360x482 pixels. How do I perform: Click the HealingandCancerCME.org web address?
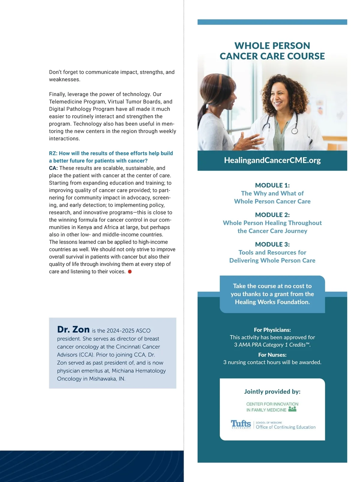point(272,160)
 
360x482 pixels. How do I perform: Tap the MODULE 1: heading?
point(272,185)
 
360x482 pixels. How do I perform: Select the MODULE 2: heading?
point(272,215)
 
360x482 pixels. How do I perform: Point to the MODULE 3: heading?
point(272,244)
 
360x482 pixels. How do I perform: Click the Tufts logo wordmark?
point(241,423)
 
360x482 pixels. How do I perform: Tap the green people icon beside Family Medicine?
point(292,409)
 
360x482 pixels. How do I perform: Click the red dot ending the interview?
point(130,272)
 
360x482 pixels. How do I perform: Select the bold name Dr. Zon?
point(73,330)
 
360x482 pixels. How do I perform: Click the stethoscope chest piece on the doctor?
point(295,131)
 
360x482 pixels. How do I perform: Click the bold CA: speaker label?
point(53,168)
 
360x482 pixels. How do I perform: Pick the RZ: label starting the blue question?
point(53,153)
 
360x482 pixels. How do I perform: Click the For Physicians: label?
point(272,330)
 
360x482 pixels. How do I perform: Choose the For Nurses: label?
point(272,355)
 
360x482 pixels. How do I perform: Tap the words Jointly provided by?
point(272,391)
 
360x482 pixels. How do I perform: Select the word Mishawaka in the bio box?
point(103,379)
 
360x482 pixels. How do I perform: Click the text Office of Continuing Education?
point(285,427)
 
